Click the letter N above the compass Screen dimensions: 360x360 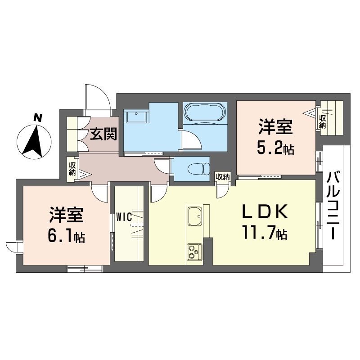(38, 118)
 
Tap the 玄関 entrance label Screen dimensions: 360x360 (103, 134)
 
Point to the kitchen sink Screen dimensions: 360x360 (195, 217)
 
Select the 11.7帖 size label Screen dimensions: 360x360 (263, 233)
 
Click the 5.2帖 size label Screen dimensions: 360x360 (276, 149)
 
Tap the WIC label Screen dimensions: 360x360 (123, 217)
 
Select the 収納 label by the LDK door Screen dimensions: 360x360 (222, 177)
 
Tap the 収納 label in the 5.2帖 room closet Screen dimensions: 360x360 (322, 121)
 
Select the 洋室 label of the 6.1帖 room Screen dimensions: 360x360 (66, 215)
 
